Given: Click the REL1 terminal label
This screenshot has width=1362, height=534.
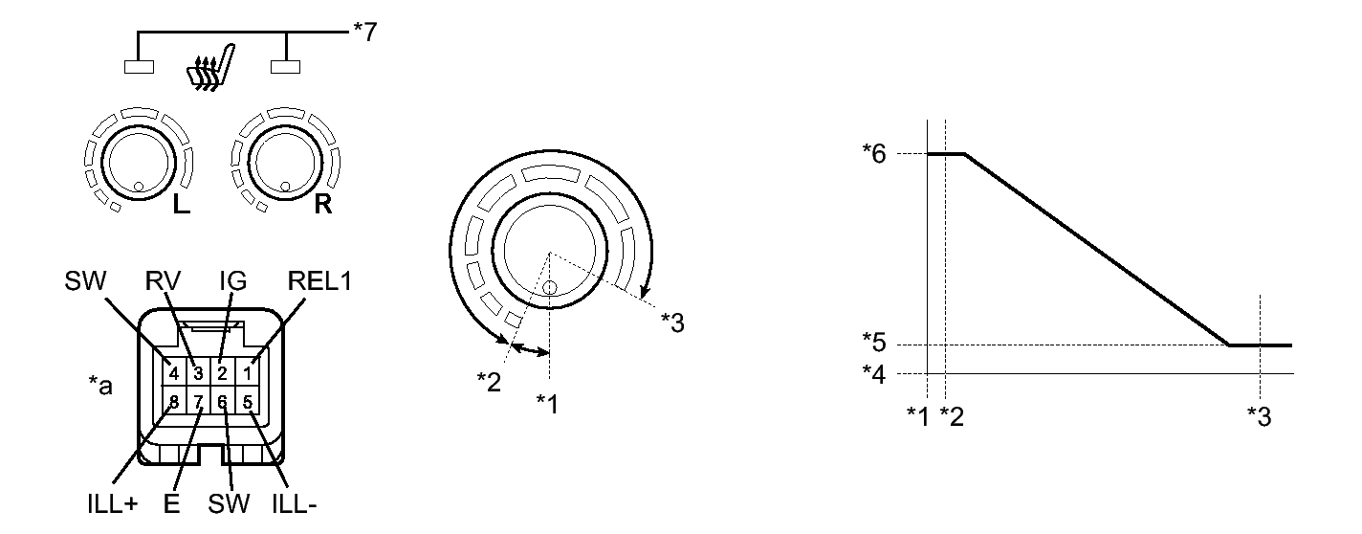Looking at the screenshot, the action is (x=319, y=281).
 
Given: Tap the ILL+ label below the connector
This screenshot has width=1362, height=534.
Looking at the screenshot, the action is (x=113, y=503).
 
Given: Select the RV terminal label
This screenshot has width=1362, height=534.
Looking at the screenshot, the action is (x=163, y=281).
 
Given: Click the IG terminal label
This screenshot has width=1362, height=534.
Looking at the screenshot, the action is (x=232, y=281).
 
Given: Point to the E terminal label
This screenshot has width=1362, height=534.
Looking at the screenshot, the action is (x=171, y=503).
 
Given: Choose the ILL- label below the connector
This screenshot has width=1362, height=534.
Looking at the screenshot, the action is (x=295, y=503).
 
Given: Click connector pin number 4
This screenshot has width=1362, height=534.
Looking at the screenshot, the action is (x=174, y=373).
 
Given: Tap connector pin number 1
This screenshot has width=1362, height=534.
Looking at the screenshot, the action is (x=247, y=373).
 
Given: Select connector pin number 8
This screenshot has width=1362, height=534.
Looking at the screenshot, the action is (x=174, y=402).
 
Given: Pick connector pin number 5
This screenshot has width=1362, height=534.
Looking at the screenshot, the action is (x=247, y=402).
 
